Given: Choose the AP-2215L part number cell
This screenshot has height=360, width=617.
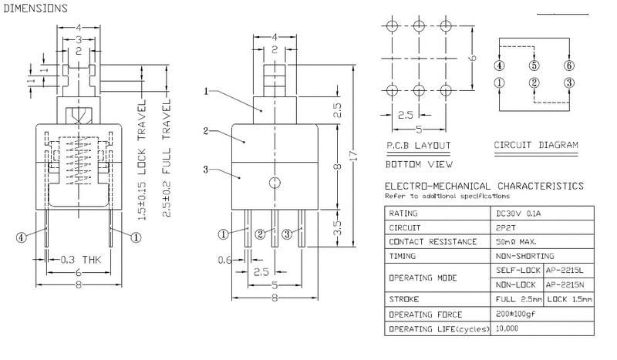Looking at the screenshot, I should pyautogui.click(x=567, y=269).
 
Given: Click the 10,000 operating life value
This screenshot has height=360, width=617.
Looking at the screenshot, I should pyautogui.click(x=508, y=329).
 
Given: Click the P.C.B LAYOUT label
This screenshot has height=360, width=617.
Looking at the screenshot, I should pyautogui.click(x=418, y=145).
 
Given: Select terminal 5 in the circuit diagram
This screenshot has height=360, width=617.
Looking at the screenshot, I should pyautogui.click(x=534, y=66).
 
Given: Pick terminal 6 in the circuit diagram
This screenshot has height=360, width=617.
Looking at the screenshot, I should pyautogui.click(x=569, y=66).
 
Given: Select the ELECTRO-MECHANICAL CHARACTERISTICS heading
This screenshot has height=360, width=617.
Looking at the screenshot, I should pyautogui.click(x=484, y=186).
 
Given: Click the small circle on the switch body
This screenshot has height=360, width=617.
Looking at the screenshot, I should pyautogui.click(x=275, y=183).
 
